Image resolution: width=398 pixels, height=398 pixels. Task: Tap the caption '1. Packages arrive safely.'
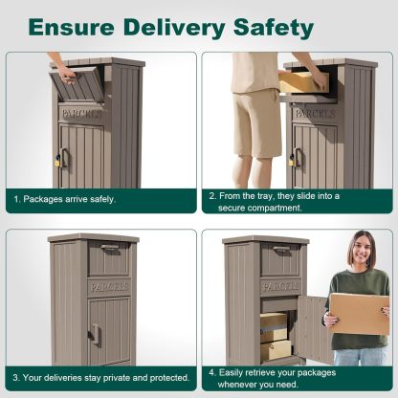[64, 199]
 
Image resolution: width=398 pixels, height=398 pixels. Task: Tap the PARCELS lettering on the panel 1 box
[81, 113]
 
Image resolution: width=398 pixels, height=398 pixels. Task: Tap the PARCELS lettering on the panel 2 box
[313, 113]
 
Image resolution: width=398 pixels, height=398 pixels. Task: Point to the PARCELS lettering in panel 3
[108, 286]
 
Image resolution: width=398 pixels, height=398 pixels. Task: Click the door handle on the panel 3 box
[94, 333]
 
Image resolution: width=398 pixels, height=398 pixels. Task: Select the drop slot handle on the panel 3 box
[108, 248]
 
